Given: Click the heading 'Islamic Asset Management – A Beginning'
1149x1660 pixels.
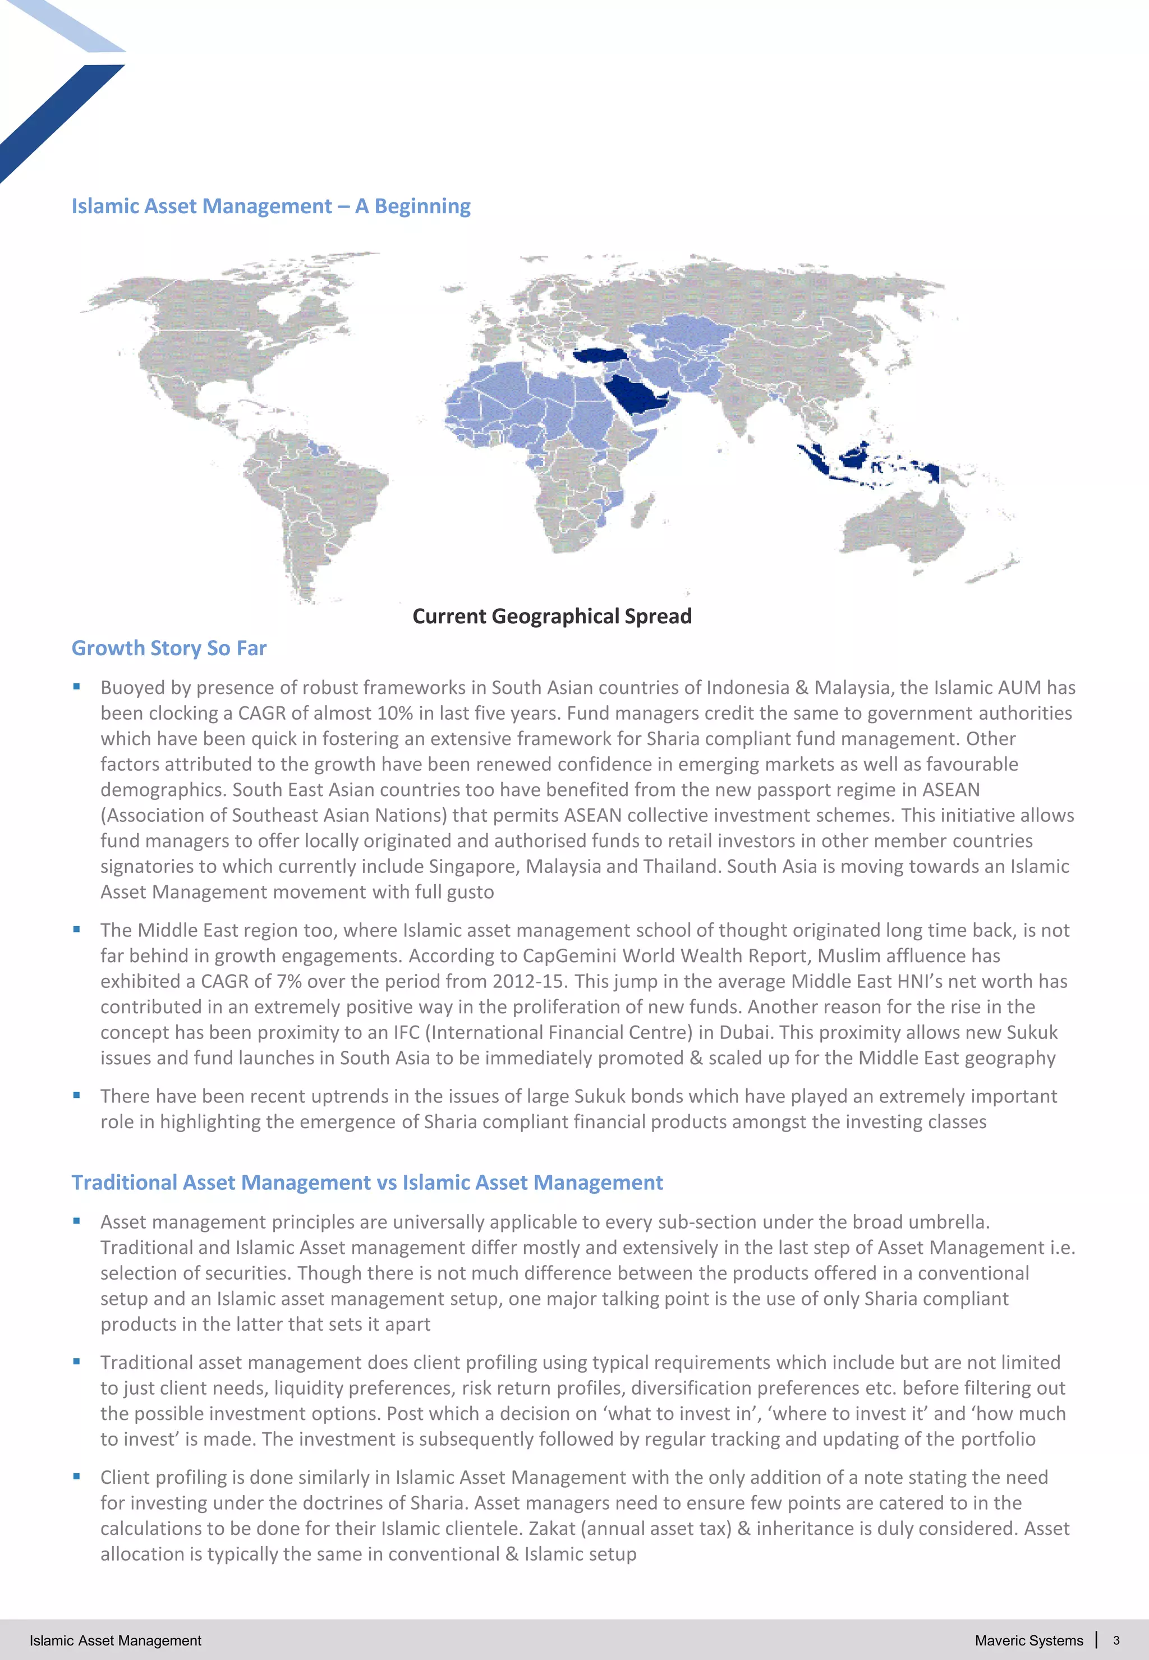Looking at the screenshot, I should (x=270, y=206).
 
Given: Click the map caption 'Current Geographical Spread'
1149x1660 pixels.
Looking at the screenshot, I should (x=551, y=616).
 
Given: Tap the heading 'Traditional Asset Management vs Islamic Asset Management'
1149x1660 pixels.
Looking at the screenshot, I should (x=367, y=1182).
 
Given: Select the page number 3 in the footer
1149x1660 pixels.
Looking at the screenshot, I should (x=1116, y=1640).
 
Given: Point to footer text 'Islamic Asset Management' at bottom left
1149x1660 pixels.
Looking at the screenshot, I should (x=115, y=1640).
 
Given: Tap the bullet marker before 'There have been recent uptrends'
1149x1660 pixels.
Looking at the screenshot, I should (x=76, y=1095).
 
